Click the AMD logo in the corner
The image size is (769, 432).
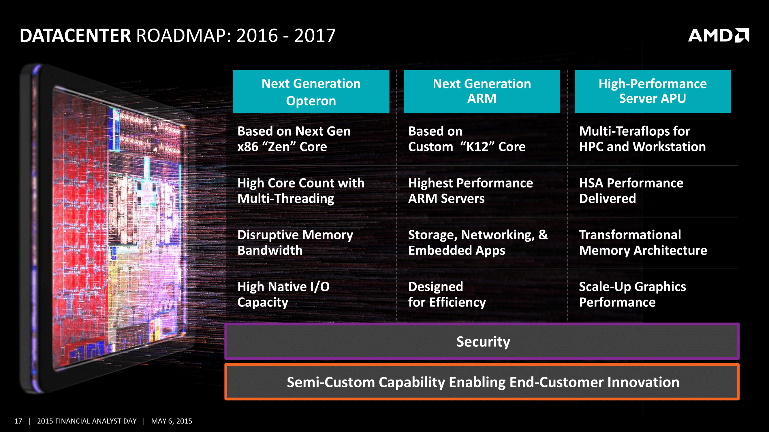tap(718, 35)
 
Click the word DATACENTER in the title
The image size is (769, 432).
tap(75, 35)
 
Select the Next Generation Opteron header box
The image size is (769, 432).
tap(311, 92)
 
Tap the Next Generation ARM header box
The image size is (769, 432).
tap(482, 92)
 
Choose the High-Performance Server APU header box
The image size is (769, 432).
tap(653, 92)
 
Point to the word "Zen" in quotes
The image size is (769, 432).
tap(282, 147)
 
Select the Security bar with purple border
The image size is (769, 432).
tap(482, 341)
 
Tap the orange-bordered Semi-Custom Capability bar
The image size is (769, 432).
tap(482, 382)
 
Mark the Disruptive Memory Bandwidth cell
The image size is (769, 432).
tap(295, 243)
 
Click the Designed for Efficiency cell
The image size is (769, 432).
tap(447, 295)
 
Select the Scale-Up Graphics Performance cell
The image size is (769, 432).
tap(632, 295)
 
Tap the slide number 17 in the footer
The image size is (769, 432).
tap(18, 421)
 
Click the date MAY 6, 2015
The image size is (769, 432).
tap(171, 421)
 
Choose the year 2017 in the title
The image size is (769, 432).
tap(315, 35)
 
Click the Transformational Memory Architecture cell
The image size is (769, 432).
tap(642, 243)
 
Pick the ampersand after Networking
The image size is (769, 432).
tap(543, 235)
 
